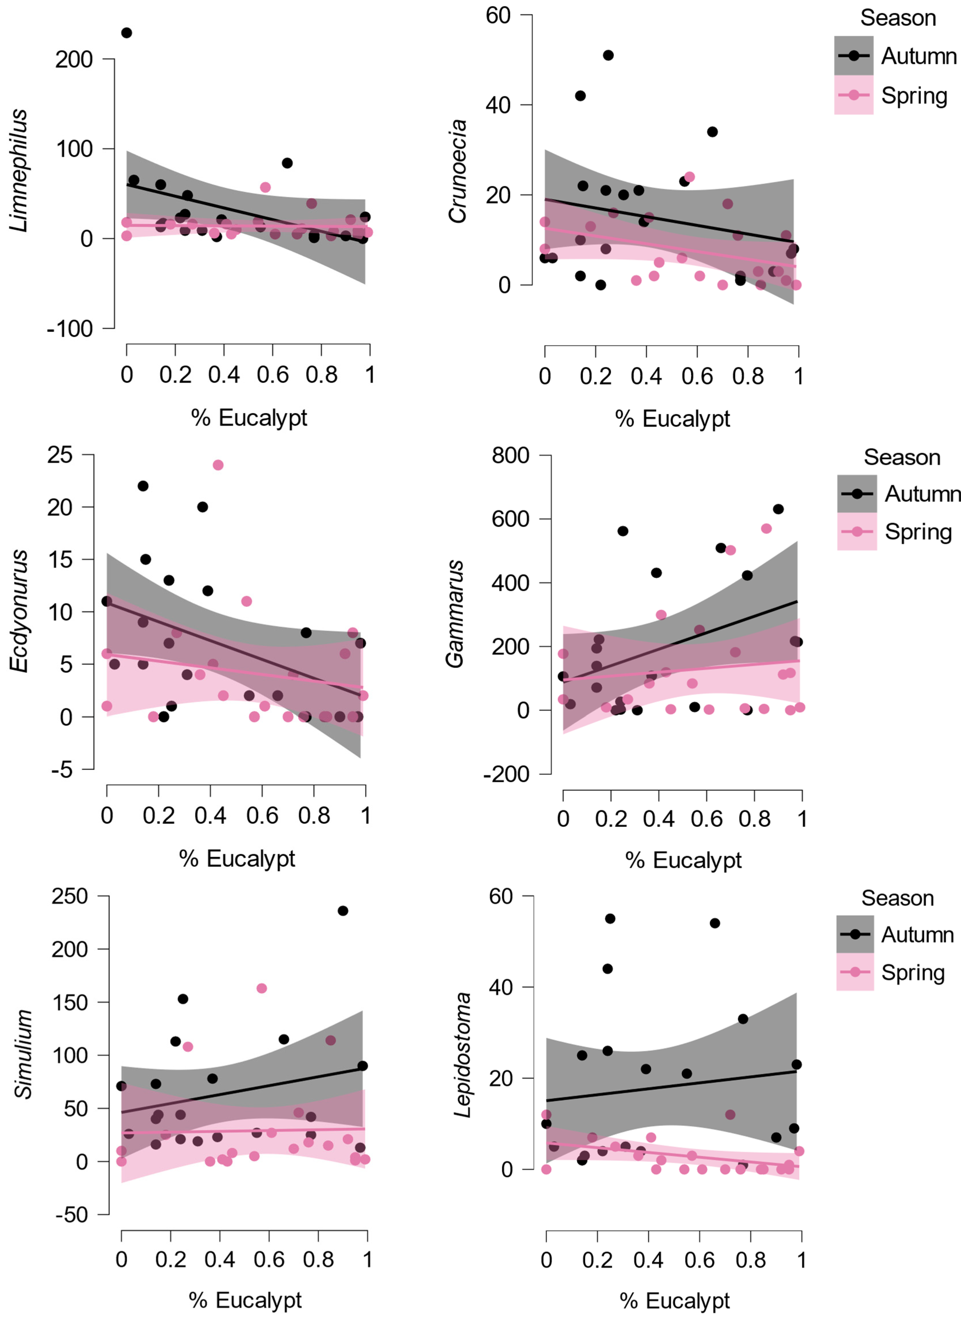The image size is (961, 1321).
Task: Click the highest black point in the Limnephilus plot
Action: coord(126,33)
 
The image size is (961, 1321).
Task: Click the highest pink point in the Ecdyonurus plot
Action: coord(218,465)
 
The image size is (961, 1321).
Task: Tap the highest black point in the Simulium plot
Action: coord(343,910)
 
